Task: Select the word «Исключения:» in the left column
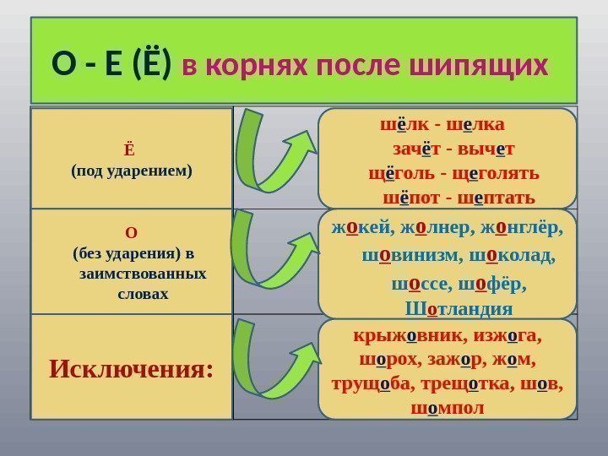click(x=131, y=369)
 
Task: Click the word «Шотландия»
click(x=447, y=307)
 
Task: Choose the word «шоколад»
click(x=518, y=255)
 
